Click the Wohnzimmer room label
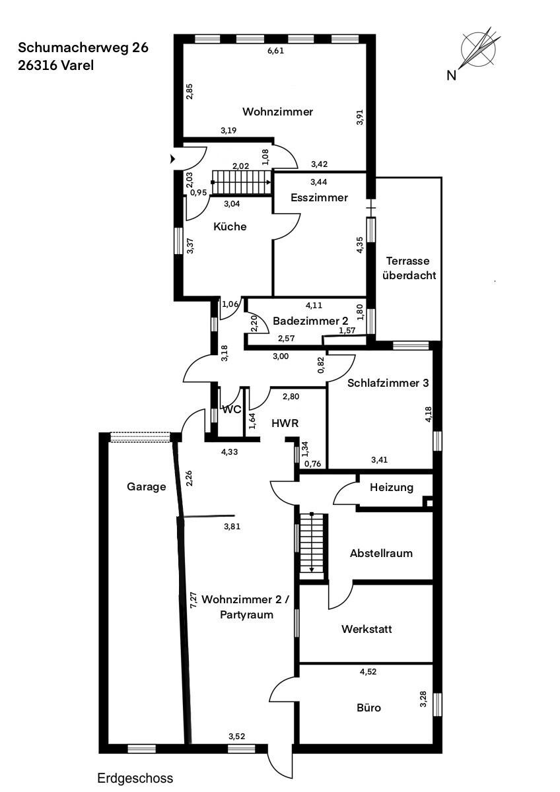(x=277, y=112)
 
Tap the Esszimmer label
(x=319, y=197)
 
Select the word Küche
(x=230, y=226)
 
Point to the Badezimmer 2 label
(x=310, y=320)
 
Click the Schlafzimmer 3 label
(x=388, y=382)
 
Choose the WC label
(x=232, y=409)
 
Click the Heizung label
(x=391, y=488)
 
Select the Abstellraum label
(x=381, y=553)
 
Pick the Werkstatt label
(x=367, y=629)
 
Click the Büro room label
(x=369, y=708)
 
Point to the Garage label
(x=146, y=486)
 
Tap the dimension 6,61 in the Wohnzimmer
(x=275, y=51)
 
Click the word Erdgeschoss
(x=135, y=778)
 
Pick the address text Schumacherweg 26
(x=83, y=48)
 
